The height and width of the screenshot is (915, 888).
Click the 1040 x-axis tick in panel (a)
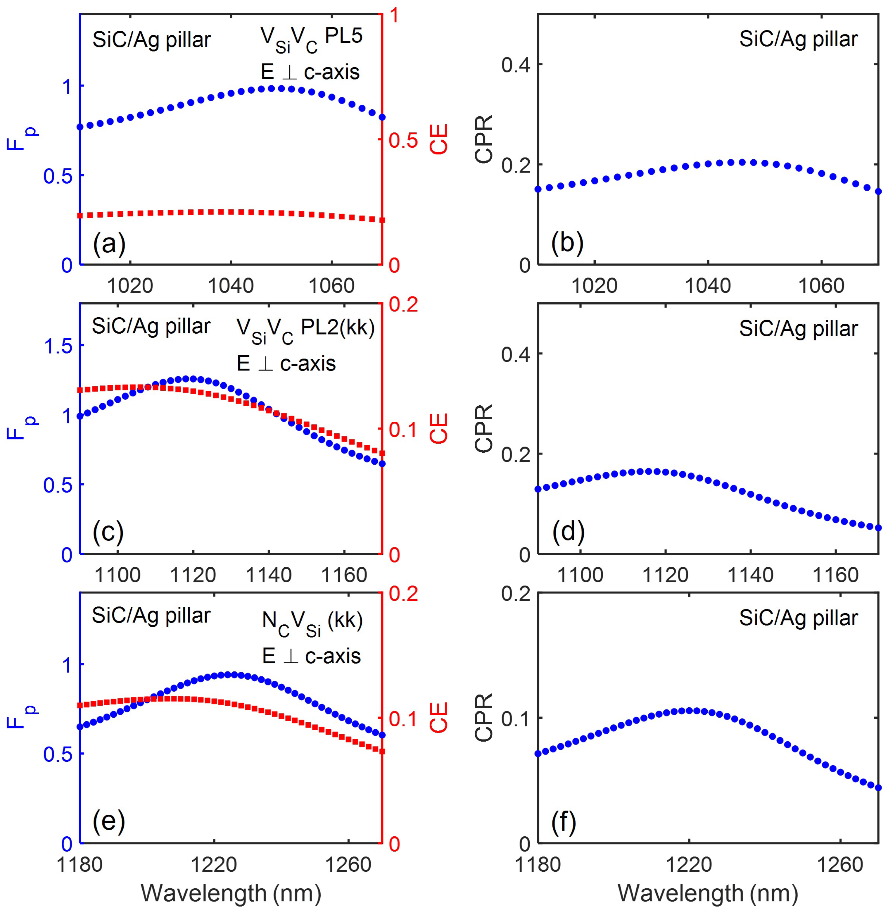(x=231, y=285)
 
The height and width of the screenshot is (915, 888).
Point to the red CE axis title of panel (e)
(x=439, y=717)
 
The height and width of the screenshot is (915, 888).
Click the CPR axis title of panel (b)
(x=483, y=139)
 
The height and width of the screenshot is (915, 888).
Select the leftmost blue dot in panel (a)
(x=80, y=127)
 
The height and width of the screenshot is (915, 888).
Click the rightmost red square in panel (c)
(x=382, y=453)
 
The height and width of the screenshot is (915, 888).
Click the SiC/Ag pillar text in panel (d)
(x=798, y=329)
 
